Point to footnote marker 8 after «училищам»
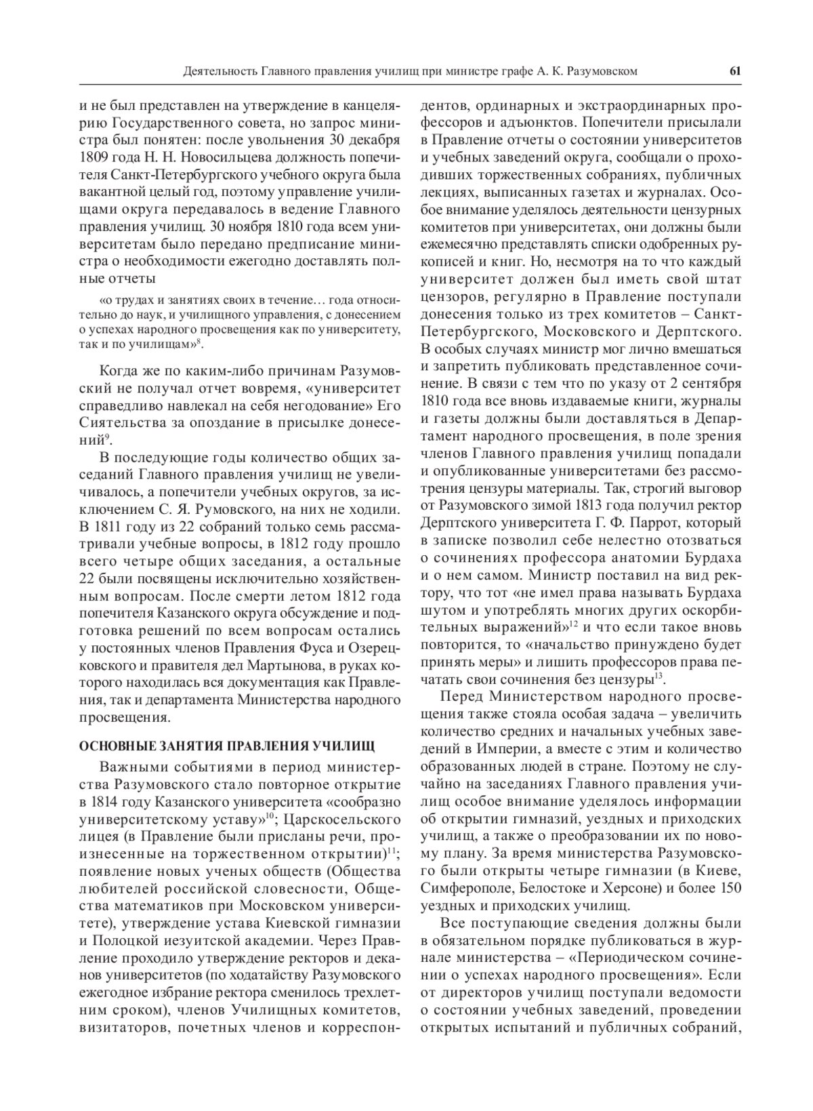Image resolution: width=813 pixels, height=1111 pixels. (202, 342)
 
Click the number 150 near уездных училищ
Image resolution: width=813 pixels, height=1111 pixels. (728, 888)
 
